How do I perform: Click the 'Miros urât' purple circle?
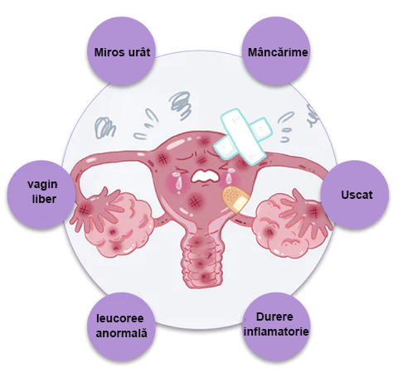[121, 51]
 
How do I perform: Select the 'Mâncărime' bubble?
[276, 51]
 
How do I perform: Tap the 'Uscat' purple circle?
[355, 195]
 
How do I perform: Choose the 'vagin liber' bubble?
[41, 195]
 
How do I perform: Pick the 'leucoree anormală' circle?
[121, 326]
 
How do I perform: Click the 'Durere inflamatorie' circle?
[276, 326]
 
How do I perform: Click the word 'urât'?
[138, 52]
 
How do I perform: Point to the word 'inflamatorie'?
[276, 331]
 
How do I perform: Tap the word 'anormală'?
[121, 333]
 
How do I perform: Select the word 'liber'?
[44, 199]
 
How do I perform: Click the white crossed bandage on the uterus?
[244, 138]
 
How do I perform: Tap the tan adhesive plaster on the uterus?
[235, 200]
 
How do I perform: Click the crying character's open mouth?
[205, 176]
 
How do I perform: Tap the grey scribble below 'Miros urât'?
[104, 128]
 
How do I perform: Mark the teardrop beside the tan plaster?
[229, 179]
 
